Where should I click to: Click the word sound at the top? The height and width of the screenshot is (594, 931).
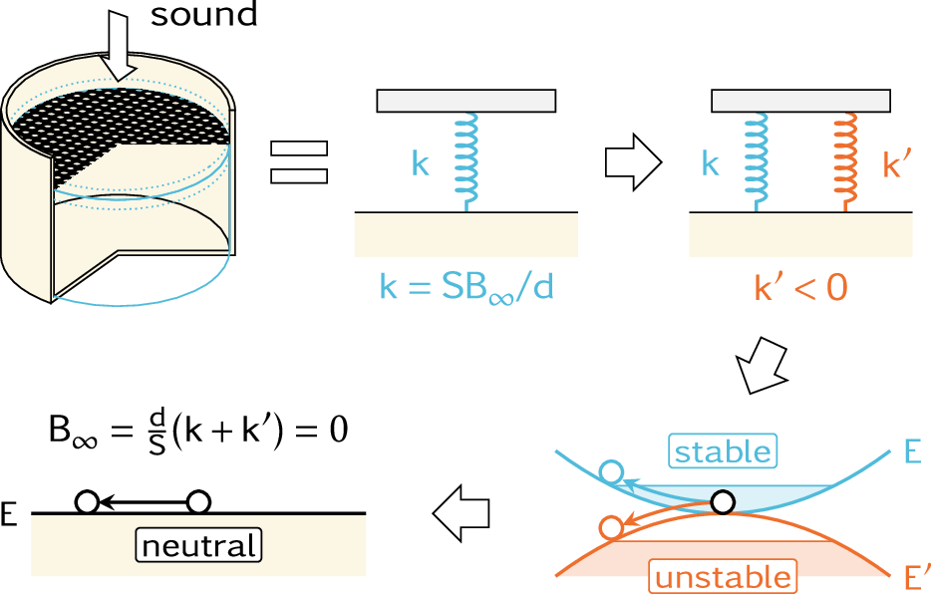204,15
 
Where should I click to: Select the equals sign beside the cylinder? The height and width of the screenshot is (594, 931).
299,161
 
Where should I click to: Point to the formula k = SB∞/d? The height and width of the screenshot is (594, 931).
465,289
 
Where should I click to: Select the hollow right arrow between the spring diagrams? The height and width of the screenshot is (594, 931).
634,163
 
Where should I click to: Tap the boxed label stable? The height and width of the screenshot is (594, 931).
723,451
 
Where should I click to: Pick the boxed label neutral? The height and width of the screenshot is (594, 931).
197,546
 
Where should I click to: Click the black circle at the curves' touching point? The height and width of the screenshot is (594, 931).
724,500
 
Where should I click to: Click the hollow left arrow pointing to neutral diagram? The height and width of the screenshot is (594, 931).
463,512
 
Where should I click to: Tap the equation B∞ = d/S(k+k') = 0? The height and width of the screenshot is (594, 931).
199,434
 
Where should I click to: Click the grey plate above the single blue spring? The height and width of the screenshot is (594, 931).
465,101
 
